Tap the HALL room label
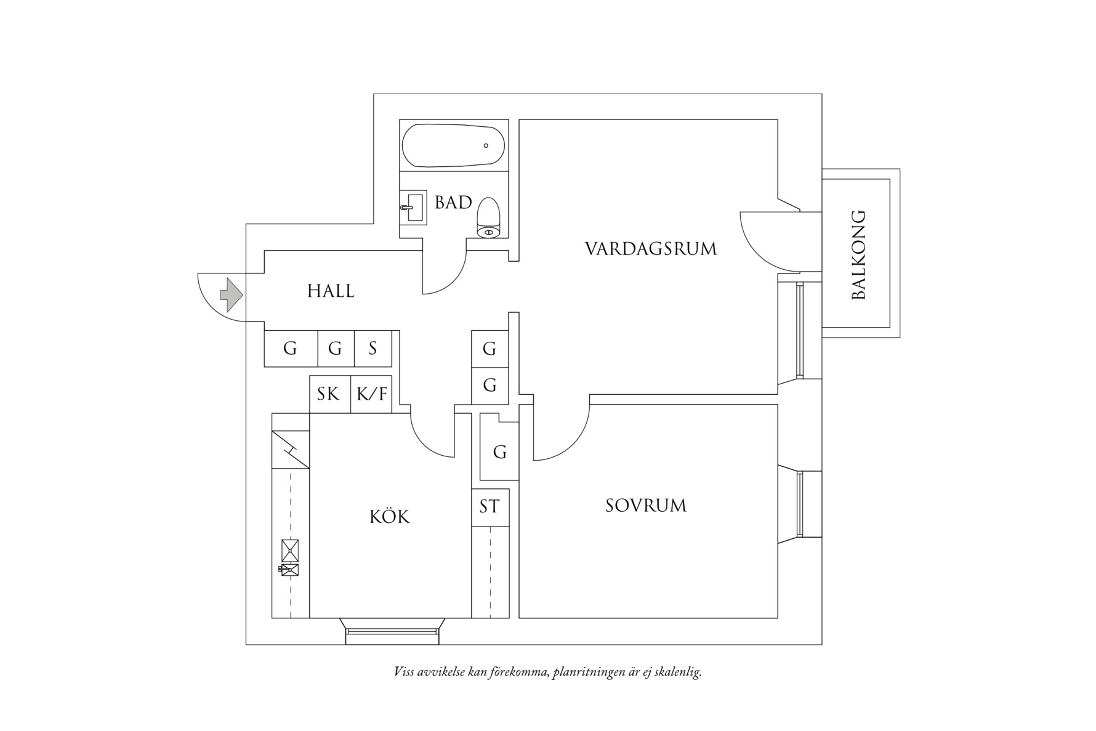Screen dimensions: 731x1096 point(331,291)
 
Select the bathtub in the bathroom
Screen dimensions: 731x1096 point(453,146)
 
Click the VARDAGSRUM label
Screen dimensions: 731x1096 point(650,249)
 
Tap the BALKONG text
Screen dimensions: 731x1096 point(858,255)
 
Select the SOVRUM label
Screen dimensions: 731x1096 point(645,506)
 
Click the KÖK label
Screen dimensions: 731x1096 point(389,516)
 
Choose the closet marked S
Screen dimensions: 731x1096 point(373,349)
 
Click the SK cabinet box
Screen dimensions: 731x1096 point(329,394)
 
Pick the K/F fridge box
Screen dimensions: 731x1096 point(371,394)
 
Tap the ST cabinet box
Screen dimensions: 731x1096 point(490,507)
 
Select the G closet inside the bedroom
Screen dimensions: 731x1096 point(499,453)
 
